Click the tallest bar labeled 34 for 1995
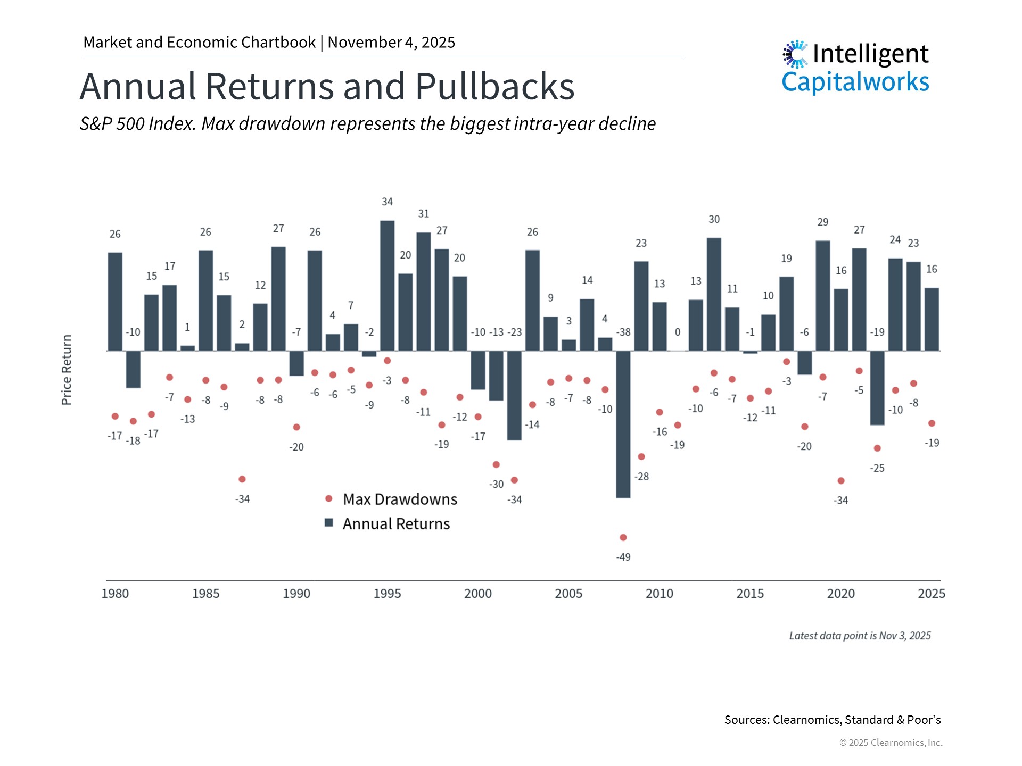(x=387, y=285)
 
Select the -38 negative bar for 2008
(x=623, y=424)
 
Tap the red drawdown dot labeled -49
(x=623, y=537)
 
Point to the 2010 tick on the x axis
(x=659, y=594)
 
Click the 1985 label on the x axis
(x=205, y=594)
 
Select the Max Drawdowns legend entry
(x=399, y=499)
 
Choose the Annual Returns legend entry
(x=395, y=524)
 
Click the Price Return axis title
(x=67, y=370)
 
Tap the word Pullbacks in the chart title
(x=494, y=86)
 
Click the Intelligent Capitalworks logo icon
(x=795, y=54)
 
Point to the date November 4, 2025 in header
(x=391, y=42)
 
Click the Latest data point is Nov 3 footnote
(x=860, y=636)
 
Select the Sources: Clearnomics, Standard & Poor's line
(x=832, y=720)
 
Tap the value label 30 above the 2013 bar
(x=714, y=219)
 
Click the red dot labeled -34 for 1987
(x=242, y=479)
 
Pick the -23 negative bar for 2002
(x=514, y=395)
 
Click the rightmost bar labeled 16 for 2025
(x=932, y=319)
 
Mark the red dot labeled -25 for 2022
(x=877, y=448)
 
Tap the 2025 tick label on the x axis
(x=931, y=594)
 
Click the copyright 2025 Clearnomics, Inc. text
(x=891, y=743)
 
